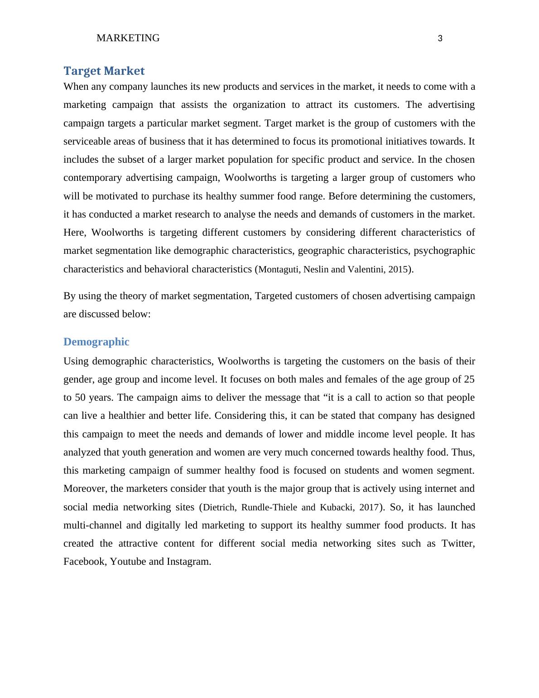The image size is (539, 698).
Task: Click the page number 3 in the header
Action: tap(440, 39)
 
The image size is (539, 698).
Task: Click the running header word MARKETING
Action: tap(128, 38)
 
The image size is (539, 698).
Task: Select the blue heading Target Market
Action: tap(104, 71)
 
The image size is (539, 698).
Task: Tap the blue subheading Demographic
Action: tap(96, 342)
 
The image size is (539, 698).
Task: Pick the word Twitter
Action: tap(458, 543)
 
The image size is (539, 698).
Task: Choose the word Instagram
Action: tap(188, 562)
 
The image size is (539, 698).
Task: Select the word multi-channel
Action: tap(92, 525)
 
